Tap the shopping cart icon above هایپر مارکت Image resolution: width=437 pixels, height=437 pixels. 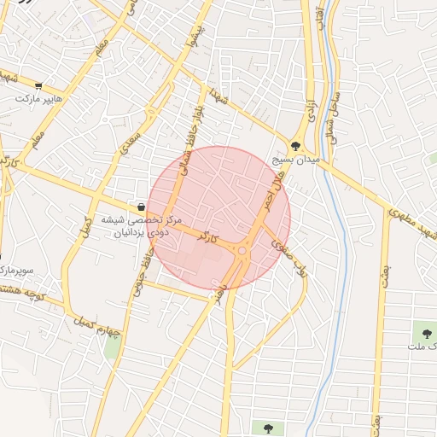pos(39,86)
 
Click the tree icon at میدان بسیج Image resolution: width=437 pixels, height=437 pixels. pos(295,146)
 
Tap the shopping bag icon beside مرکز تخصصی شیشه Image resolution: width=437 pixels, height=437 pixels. pos(140,207)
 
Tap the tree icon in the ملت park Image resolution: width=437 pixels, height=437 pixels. pos(424,332)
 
